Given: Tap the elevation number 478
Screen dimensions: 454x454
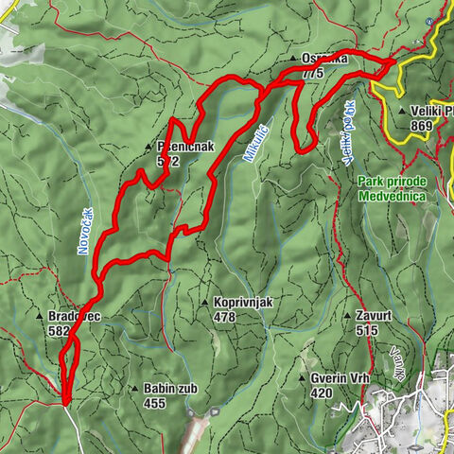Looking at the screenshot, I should [224, 317].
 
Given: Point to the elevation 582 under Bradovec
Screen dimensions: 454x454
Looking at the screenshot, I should [58, 331].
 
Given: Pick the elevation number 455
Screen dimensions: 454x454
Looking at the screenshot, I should [154, 403].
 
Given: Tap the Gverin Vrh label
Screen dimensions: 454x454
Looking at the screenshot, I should [339, 378].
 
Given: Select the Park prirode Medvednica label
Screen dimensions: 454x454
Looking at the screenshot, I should [393, 188].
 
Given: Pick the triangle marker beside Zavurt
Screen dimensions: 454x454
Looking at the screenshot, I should [349, 316].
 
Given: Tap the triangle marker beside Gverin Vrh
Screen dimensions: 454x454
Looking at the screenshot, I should [301, 378].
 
